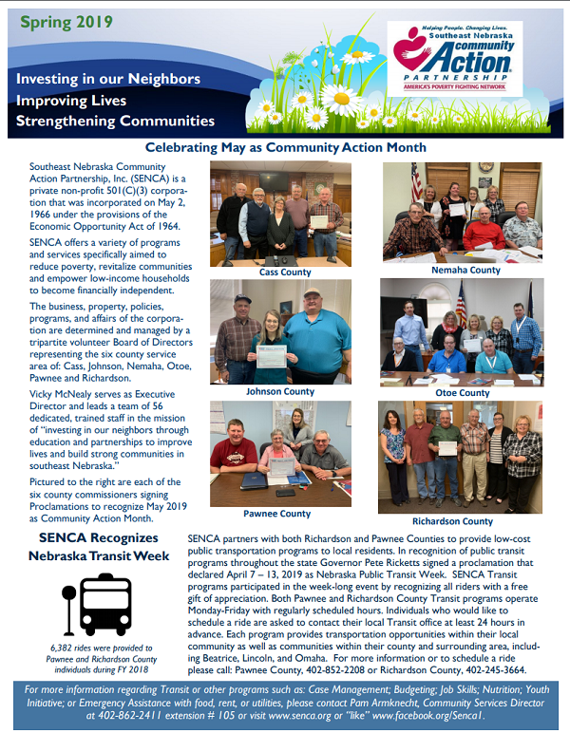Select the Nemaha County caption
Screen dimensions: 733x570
[x=466, y=271]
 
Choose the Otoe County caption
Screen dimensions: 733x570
[x=462, y=393]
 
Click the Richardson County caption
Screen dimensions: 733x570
[x=452, y=521]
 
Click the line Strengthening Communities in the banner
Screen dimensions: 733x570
[x=115, y=121]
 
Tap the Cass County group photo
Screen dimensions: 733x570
[x=276, y=214]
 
